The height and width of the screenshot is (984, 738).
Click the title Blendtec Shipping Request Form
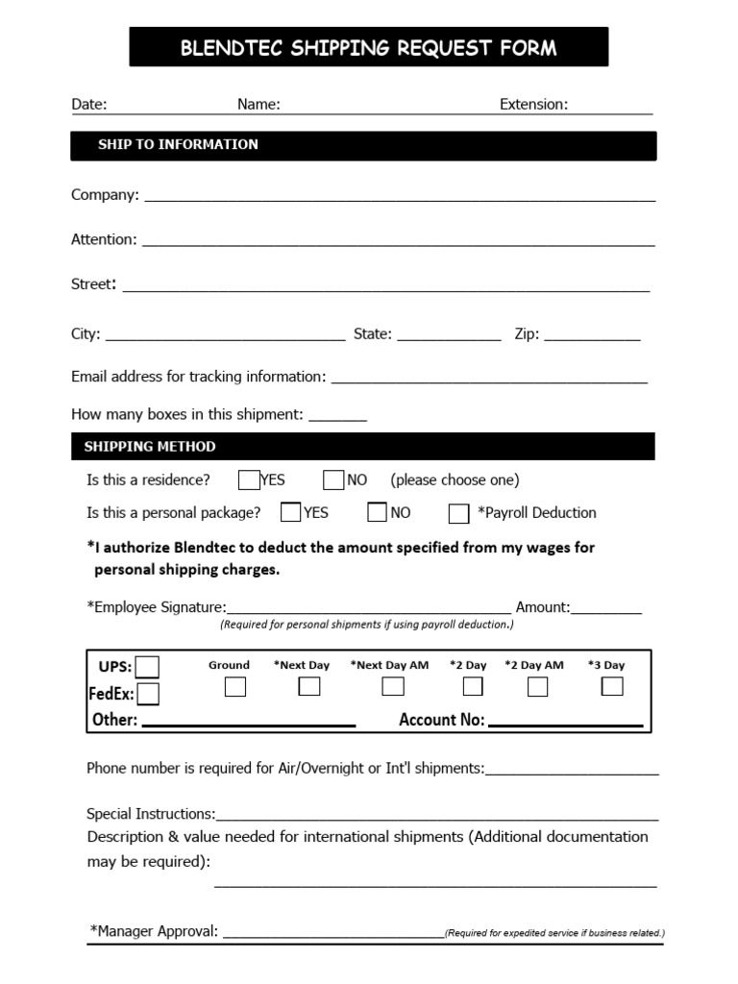[368, 47]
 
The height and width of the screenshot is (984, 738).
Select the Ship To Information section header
[178, 144]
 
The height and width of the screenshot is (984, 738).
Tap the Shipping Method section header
[150, 446]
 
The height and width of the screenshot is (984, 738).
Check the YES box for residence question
[249, 480]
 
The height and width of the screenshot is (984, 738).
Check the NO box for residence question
[333, 480]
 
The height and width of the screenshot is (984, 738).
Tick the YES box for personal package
[290, 512]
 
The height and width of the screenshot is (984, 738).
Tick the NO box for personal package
[377, 512]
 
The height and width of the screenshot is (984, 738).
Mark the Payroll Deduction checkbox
[458, 513]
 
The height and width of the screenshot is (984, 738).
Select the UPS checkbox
[147, 667]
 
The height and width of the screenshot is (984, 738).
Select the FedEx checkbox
[148, 693]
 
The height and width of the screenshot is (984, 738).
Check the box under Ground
[234, 686]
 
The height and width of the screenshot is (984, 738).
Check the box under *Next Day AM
[392, 686]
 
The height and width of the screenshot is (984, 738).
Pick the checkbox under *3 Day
[612, 686]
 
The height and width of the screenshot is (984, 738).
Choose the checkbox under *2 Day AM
[537, 686]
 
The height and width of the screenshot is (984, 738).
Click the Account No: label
[441, 720]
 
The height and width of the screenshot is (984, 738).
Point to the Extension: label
[533, 104]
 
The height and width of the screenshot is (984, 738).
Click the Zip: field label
[527, 333]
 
